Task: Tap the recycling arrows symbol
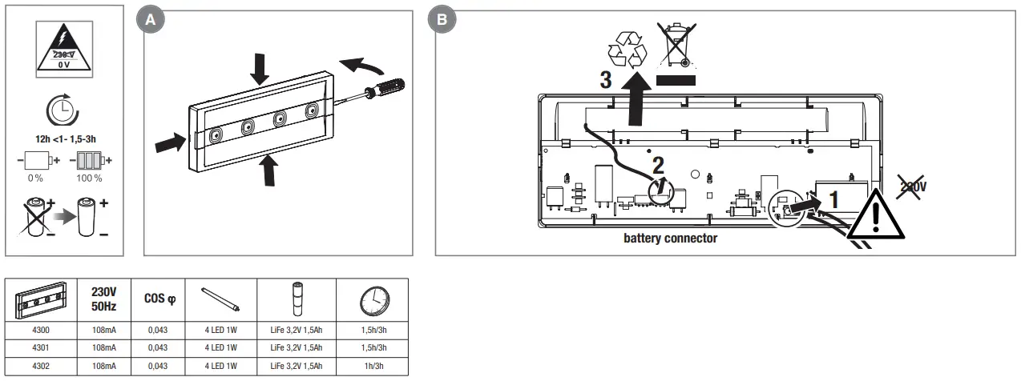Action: (x=626, y=49)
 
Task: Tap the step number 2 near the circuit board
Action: (x=658, y=166)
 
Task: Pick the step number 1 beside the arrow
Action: (x=833, y=199)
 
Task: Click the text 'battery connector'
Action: (x=670, y=239)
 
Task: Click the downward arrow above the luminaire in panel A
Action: (x=260, y=68)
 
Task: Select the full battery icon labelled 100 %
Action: (x=89, y=160)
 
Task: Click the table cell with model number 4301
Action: (x=40, y=347)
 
